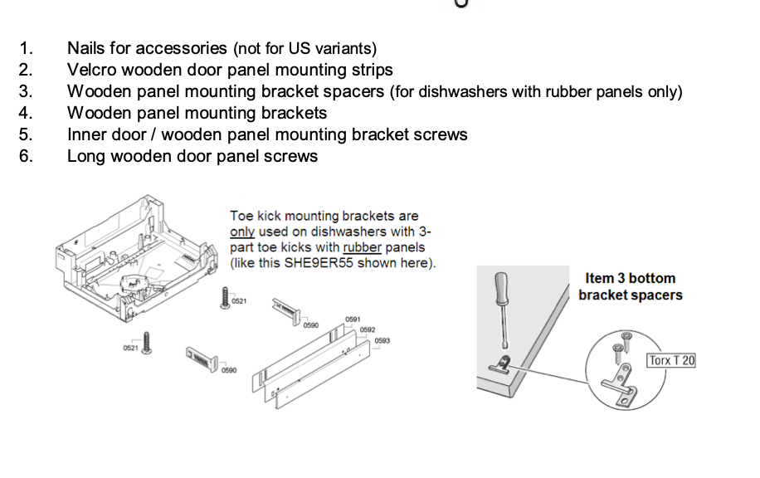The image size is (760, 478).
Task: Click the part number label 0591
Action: (353, 319)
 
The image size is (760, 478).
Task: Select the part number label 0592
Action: (368, 329)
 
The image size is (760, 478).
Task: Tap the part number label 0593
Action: (382, 340)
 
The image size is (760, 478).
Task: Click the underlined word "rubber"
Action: (362, 247)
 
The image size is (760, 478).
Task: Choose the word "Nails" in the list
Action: (89, 48)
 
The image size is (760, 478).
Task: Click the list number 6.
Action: (26, 156)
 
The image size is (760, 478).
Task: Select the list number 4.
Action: (26, 113)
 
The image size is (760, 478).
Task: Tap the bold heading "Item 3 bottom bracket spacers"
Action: (630, 286)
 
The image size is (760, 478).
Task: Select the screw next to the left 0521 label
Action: (149, 343)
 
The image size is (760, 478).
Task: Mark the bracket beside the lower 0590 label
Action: (201, 358)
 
